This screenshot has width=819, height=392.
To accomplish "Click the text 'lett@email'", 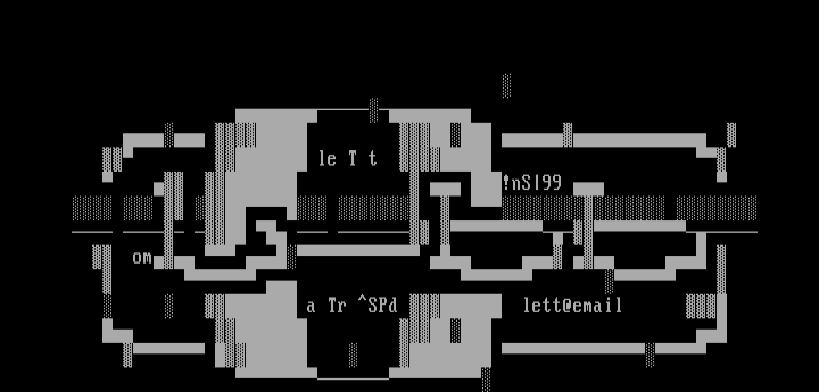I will [573, 306].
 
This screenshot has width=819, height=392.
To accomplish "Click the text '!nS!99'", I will [532, 183].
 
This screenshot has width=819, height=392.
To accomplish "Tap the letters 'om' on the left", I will [142, 257].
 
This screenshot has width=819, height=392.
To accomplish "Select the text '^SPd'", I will [378, 306].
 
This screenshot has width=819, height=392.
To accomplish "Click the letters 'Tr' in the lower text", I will [337, 306].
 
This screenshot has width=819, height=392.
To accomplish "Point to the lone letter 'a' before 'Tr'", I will [311, 307].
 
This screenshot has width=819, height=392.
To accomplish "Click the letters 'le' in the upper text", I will [327, 159].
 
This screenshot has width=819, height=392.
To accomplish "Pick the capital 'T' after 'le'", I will [353, 158].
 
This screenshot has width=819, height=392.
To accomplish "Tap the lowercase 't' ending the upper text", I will [373, 159].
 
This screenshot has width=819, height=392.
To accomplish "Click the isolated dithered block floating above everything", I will [507, 85].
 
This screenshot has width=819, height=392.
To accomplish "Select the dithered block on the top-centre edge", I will [373, 110].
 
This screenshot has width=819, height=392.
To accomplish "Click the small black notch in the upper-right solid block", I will [456, 135].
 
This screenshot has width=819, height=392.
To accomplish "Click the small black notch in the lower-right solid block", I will [456, 331].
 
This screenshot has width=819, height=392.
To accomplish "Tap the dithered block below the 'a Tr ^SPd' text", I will [353, 355].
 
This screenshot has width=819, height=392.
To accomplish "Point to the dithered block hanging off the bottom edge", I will [486, 380].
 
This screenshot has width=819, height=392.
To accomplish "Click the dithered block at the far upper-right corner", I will [731, 135].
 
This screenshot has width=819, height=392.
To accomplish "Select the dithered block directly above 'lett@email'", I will [609, 281].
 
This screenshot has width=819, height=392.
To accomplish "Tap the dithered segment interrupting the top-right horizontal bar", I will [568, 135].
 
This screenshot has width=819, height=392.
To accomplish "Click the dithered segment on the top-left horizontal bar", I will [169, 135].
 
